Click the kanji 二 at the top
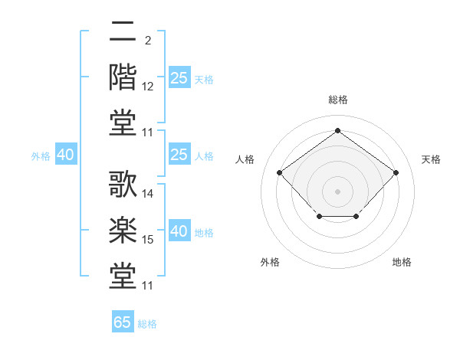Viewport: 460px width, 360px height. [x=123, y=31]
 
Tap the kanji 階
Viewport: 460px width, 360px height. [x=123, y=77]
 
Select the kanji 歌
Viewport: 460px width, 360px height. [x=123, y=184]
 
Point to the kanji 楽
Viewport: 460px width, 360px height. [x=123, y=230]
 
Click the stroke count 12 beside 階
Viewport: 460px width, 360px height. [x=147, y=87]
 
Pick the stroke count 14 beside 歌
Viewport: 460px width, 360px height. [x=147, y=194]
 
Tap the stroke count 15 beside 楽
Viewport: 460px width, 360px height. [x=147, y=240]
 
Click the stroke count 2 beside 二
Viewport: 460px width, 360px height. [x=148, y=41]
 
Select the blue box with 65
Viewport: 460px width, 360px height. [x=123, y=321]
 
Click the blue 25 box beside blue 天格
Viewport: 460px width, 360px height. [x=179, y=77]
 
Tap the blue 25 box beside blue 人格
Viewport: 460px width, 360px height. [x=179, y=154]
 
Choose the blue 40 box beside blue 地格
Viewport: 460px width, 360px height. [x=179, y=230]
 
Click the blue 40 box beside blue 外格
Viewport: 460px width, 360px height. [x=66, y=154]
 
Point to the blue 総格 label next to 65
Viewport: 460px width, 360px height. [x=147, y=324]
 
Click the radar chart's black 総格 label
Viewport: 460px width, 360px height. [x=338, y=100]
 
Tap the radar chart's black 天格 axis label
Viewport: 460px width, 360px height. [x=431, y=159]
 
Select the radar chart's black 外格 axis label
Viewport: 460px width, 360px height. [x=270, y=262]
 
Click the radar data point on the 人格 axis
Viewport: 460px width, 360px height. [x=279, y=172]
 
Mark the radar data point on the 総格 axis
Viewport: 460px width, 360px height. [x=337, y=130]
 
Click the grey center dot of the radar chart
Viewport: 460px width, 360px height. [x=337, y=191]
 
